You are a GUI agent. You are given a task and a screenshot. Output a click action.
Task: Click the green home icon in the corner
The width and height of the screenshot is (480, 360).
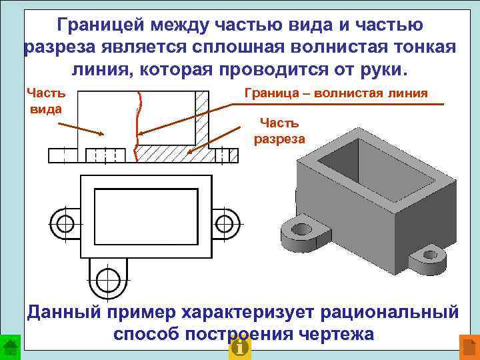click(x=9, y=348)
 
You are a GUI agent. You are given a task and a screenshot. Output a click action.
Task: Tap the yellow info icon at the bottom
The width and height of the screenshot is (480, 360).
click(x=239, y=348)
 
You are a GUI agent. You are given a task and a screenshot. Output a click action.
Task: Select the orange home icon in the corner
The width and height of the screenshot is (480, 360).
click(x=469, y=348)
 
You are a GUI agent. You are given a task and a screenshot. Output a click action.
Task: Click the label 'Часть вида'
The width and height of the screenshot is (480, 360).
click(x=46, y=101)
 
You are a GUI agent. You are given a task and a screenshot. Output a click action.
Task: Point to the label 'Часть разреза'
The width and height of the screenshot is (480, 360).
click(x=279, y=131)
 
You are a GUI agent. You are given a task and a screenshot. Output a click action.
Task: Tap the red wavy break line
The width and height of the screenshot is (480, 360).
click(x=138, y=127)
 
